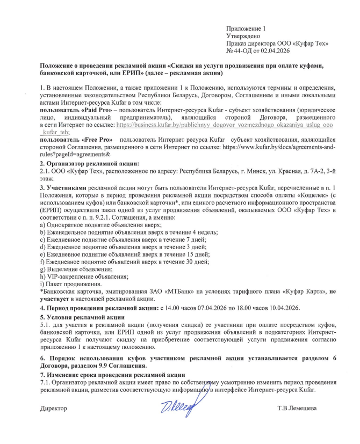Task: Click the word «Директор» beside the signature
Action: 54,408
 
